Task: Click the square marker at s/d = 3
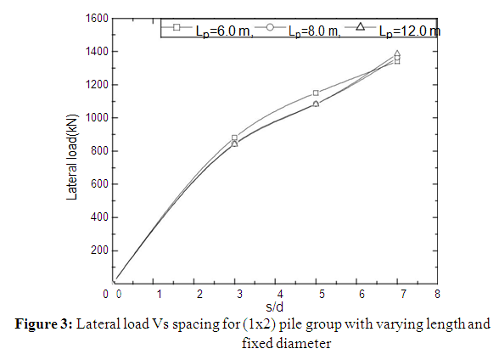coord(235,138)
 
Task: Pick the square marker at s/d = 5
coord(316,93)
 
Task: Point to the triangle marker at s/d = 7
coord(397,54)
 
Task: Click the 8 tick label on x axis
coord(437,295)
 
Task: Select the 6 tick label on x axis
coord(356,295)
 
